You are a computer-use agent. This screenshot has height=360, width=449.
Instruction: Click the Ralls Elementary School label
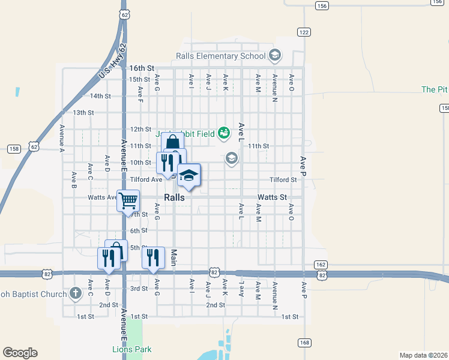[220, 56]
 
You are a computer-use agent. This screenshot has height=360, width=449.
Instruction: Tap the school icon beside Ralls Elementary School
[275, 56]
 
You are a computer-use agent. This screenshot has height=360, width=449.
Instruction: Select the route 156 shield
[322, 5]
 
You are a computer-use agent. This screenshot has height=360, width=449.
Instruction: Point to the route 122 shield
[304, 32]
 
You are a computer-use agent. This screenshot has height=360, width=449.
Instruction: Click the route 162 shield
[321, 265]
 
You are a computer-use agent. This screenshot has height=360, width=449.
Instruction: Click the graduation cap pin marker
[189, 175]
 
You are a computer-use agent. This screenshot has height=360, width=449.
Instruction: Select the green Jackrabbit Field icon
[224, 133]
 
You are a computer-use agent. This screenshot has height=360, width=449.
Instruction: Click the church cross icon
[75, 293]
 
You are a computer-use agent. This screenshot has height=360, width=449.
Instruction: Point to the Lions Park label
[132, 349]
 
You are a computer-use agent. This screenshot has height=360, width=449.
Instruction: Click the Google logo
[20, 352]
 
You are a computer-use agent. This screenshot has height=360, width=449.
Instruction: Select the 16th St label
[142, 69]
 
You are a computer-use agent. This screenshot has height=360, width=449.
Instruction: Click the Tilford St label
[283, 179]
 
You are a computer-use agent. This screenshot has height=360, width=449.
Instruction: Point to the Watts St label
[272, 197]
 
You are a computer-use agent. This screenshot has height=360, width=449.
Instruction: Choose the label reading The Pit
[435, 89]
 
